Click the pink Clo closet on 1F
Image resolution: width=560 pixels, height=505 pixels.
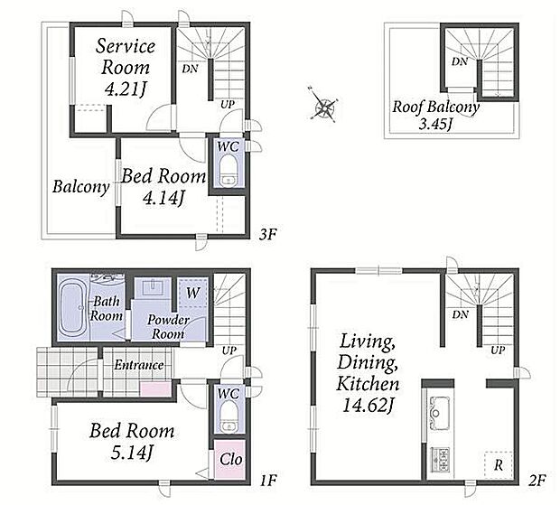point(230,460)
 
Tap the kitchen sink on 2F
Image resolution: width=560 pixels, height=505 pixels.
point(437,411)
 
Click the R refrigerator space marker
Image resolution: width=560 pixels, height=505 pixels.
point(499,465)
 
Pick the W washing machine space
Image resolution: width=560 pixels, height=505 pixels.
point(193,293)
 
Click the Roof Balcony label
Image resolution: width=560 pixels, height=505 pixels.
point(435,107)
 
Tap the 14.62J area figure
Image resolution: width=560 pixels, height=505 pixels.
point(368,405)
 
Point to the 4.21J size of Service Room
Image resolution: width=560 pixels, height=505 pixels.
point(126,89)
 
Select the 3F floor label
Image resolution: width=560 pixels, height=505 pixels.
point(267,234)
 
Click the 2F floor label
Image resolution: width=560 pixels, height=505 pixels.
point(537,481)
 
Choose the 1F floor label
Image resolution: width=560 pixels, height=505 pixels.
point(267,481)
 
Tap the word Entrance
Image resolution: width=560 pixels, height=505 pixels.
point(139,365)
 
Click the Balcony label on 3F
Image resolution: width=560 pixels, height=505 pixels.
point(80,187)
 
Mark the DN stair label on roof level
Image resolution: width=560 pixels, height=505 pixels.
point(460,61)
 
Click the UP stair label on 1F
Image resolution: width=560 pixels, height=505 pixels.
point(229,351)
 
